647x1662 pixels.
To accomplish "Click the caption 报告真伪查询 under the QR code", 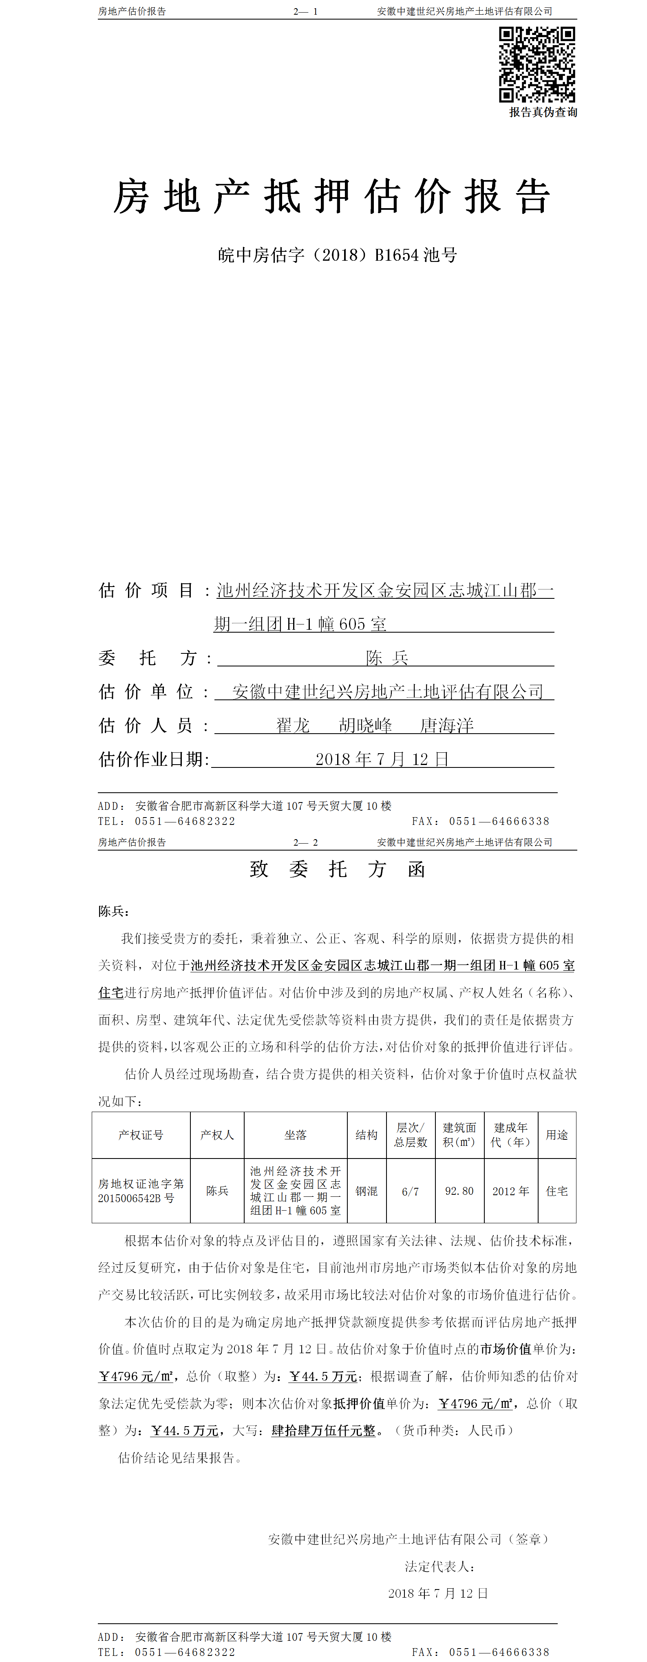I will coord(543,112).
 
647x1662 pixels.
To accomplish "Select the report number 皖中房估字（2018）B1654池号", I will coord(337,255).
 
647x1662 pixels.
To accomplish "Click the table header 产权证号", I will coord(141,1135).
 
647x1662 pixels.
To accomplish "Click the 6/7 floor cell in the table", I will coord(410,1192).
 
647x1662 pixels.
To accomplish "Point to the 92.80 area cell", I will coord(459,1191).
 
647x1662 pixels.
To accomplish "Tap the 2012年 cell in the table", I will coord(510,1191).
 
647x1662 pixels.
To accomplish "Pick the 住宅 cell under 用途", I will coord(556,1191).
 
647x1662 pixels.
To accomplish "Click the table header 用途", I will coord(556,1135).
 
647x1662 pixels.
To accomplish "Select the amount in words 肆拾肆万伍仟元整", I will coord(324,1431).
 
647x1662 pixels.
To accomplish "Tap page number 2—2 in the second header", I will coord(305,843).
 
